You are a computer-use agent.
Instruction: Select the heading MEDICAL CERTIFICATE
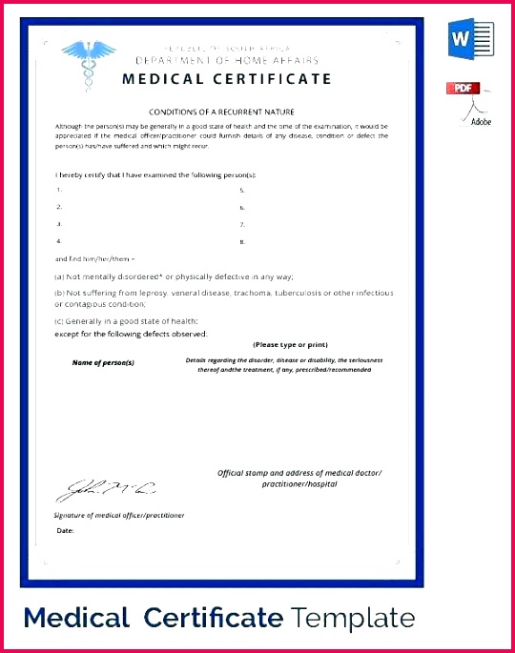(227, 79)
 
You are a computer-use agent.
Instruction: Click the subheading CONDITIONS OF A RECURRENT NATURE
(220, 112)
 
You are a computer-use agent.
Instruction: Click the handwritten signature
(106, 489)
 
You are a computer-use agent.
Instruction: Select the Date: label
(65, 530)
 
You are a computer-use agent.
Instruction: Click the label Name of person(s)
(103, 363)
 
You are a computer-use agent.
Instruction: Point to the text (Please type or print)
(290, 343)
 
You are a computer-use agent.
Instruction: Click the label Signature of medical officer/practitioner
(119, 515)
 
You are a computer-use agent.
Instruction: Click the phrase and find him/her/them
(94, 258)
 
